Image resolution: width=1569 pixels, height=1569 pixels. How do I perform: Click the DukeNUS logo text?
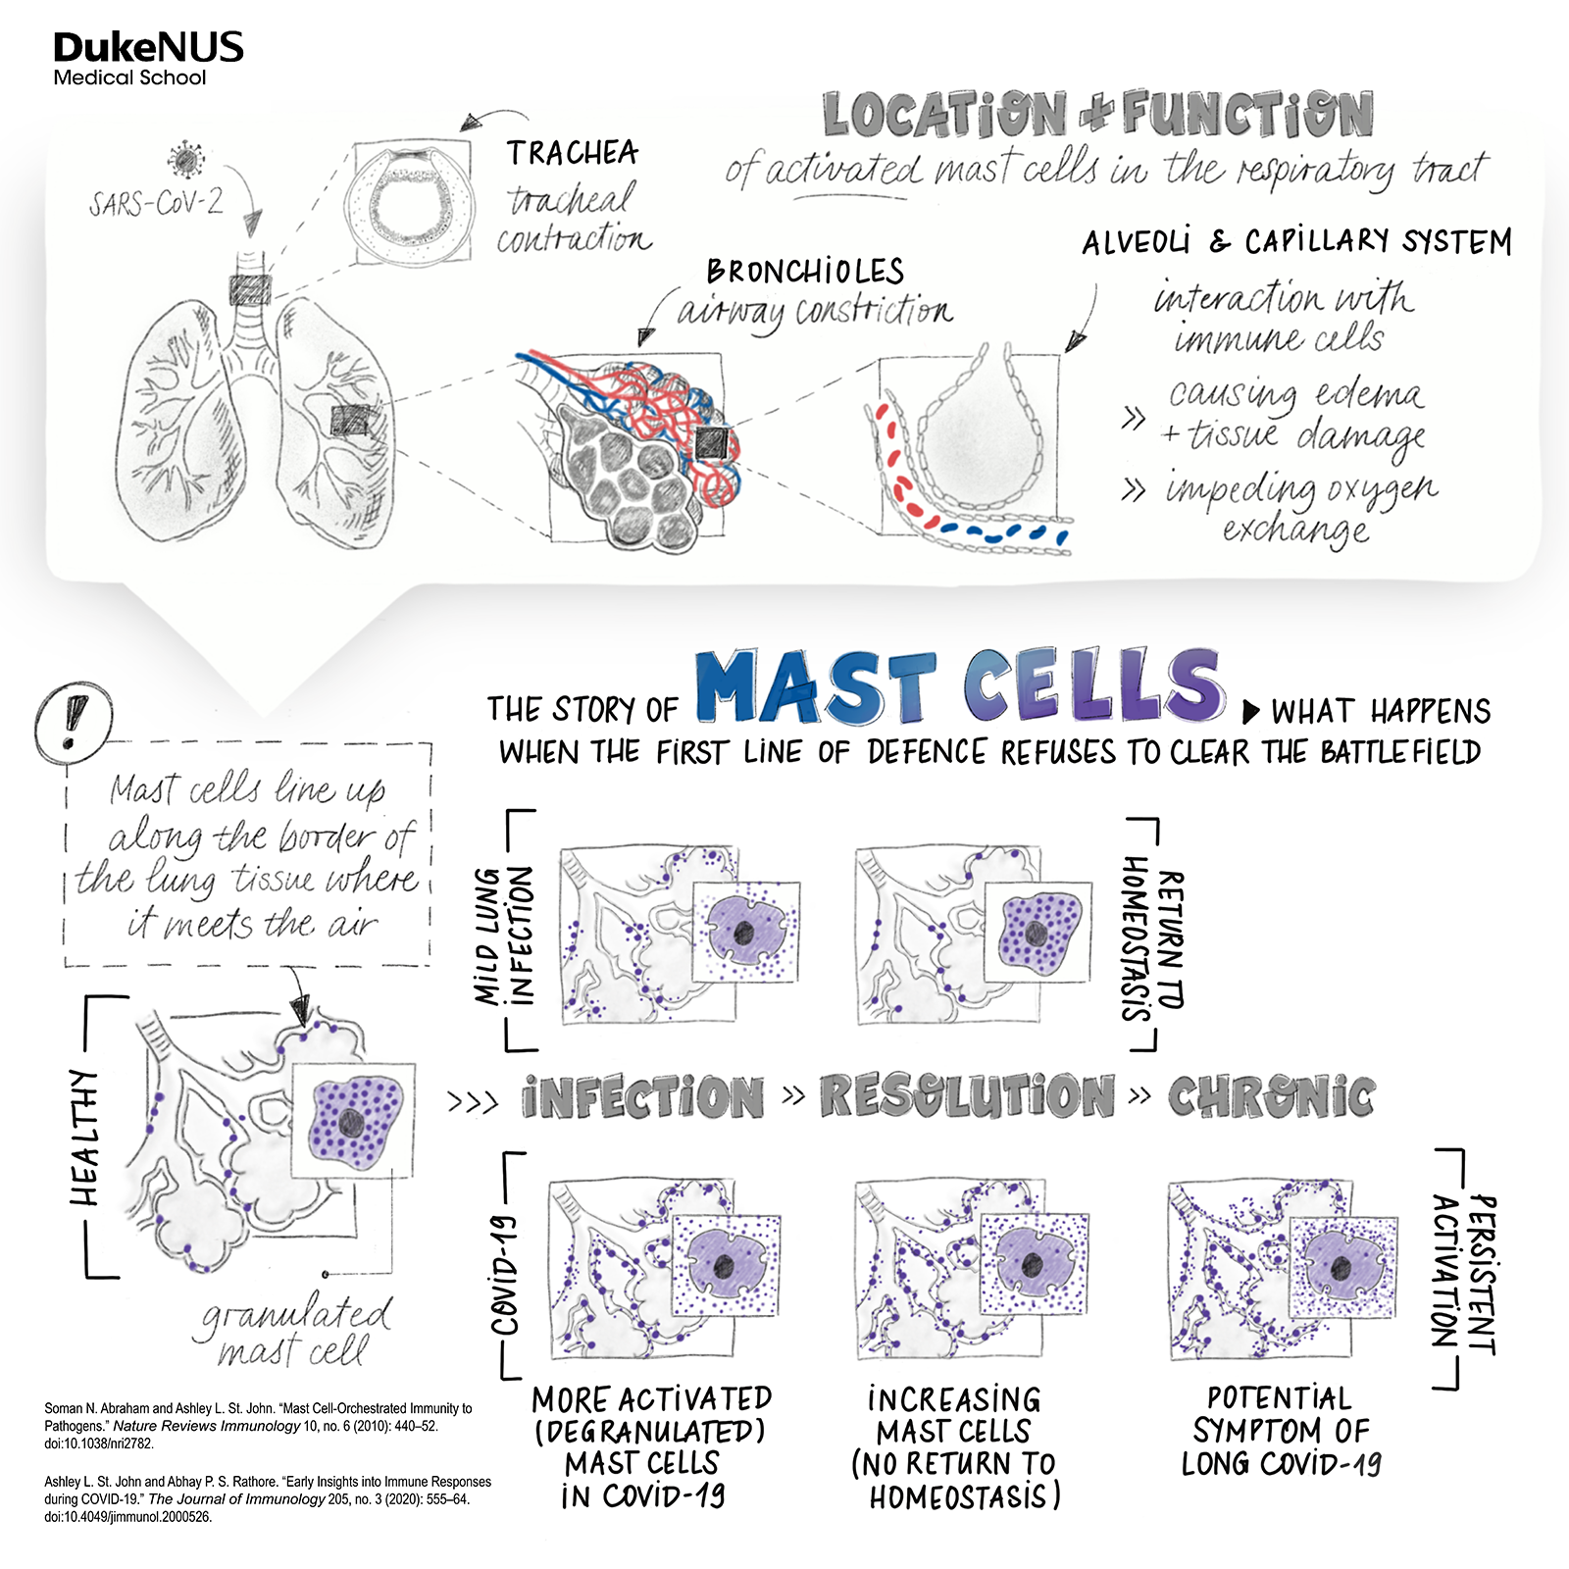point(148,48)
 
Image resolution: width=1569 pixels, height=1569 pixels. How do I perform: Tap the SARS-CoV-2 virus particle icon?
point(184,158)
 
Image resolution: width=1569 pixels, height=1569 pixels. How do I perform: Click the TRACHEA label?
point(573,153)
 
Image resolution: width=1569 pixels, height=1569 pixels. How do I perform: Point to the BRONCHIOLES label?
point(805,272)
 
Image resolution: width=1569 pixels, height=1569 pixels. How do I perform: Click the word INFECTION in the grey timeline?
point(643,1096)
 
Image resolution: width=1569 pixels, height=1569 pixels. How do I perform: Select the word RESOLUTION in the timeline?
point(967,1095)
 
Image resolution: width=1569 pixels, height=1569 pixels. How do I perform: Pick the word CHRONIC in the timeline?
point(1271,1096)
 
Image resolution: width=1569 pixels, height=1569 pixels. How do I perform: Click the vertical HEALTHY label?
point(85,1137)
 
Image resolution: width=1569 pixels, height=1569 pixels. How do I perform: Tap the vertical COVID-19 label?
point(505,1275)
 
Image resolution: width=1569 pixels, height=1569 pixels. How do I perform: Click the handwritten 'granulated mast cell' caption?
point(294,1332)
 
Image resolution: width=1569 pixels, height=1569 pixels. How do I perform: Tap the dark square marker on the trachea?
point(250,290)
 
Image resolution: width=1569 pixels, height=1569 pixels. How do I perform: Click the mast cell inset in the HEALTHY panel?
point(353,1120)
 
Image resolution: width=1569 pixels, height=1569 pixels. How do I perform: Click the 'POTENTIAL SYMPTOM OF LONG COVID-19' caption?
point(1280,1431)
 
